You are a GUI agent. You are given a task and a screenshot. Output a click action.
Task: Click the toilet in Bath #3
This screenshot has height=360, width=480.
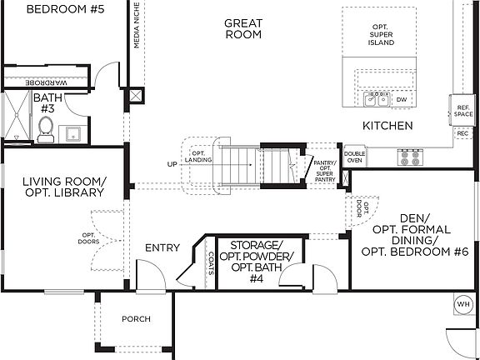coord(45,129)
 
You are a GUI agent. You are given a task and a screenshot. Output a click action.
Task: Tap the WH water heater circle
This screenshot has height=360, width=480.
coord(462,304)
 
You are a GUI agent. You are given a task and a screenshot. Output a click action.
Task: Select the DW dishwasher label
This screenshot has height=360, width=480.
coord(402,100)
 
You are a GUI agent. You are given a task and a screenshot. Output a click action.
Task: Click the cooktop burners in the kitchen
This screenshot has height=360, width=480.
coord(410,157)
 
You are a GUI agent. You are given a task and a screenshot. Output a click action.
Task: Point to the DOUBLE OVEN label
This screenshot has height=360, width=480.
coord(354,157)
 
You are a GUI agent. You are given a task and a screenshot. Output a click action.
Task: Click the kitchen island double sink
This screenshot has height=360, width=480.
coord(377,99)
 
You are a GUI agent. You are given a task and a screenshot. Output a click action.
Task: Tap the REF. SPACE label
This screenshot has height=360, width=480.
coord(463,111)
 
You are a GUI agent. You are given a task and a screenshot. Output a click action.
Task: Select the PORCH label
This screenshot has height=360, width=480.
coord(136,319)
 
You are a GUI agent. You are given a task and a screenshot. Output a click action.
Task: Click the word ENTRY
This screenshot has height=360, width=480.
coord(162,247)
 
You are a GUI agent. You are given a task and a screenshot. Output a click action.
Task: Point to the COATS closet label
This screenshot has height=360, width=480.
coord(211,263)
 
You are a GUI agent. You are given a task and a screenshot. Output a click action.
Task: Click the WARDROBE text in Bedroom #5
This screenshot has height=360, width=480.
coord(46,82)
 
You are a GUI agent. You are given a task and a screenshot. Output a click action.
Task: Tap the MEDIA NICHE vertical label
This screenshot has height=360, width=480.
coord(137,25)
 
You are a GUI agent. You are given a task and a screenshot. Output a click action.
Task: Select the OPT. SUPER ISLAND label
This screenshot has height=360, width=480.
coord(381,35)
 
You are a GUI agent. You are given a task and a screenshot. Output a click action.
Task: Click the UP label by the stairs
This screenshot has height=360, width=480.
coord(172,164)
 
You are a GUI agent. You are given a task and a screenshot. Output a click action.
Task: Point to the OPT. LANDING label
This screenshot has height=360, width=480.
coord(198,157)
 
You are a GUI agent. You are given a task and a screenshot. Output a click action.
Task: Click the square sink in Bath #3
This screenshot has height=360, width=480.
coord(73,134)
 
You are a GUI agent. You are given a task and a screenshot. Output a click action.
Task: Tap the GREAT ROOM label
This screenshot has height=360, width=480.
coord(243,28)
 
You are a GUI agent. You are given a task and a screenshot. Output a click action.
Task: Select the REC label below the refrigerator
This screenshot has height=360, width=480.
coord(462,133)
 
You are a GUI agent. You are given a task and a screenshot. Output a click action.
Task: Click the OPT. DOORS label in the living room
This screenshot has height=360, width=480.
coord(88,238)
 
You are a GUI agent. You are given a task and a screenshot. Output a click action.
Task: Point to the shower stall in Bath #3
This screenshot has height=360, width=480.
coord(17,115)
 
